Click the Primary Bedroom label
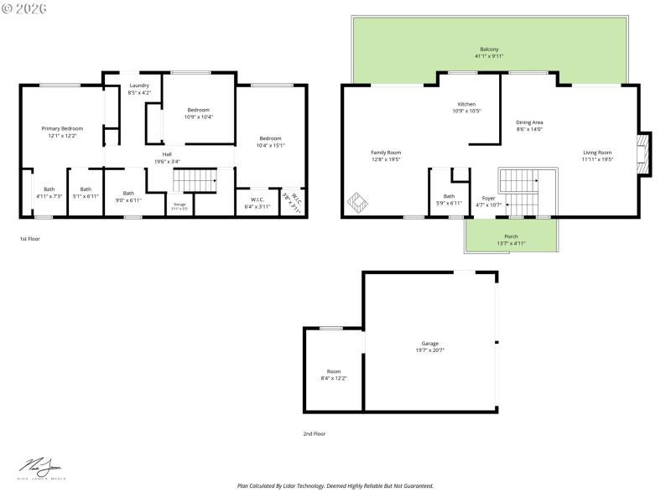(63, 128)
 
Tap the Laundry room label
(139, 86)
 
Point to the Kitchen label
(466, 105)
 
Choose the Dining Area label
(528, 122)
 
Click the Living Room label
(598, 153)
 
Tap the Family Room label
(386, 153)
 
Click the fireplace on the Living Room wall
(642, 154)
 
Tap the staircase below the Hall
(195, 179)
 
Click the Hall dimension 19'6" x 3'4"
(167, 161)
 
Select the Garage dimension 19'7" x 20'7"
(430, 350)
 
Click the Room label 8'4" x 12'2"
(333, 378)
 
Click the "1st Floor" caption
(30, 239)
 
